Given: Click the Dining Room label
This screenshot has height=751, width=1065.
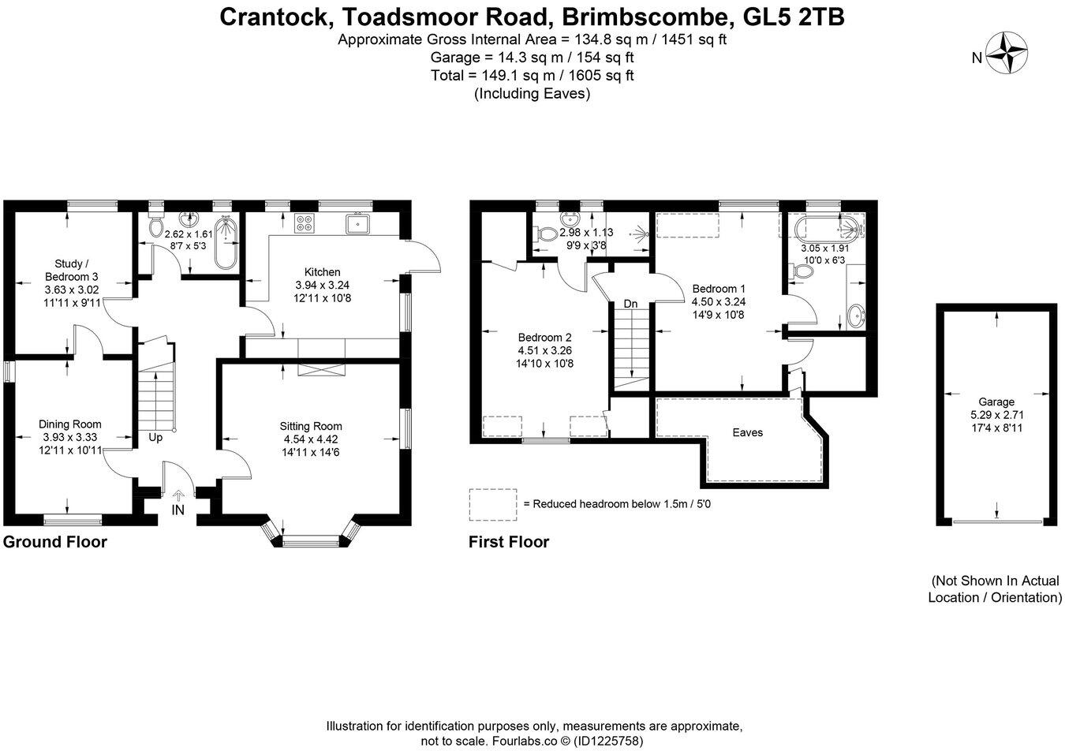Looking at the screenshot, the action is (x=70, y=424).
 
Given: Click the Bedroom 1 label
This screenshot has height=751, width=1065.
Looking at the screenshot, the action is (x=718, y=289).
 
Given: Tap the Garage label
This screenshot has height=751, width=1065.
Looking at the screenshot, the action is (x=997, y=402).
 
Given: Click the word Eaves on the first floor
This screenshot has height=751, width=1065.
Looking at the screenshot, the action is (x=747, y=432).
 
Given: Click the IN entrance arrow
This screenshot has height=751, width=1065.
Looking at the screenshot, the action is (x=178, y=503).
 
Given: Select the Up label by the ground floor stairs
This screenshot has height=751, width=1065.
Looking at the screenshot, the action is (x=155, y=437).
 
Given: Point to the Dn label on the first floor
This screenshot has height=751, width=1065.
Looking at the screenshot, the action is (x=630, y=304).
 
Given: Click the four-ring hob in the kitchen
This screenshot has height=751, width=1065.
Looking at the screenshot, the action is (x=304, y=223).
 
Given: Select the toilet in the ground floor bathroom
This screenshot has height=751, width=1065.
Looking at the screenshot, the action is (x=156, y=227).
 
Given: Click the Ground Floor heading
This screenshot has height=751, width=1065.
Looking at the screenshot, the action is (x=55, y=542).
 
